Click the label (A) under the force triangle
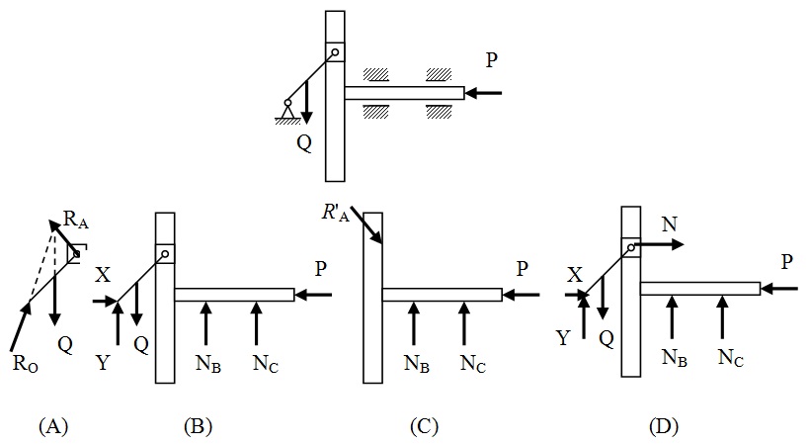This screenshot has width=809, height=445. click(52, 426)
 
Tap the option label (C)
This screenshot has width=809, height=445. click(423, 426)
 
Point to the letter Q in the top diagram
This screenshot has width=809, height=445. click(304, 142)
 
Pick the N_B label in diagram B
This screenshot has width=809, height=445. click(208, 362)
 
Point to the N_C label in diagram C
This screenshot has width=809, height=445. click(473, 362)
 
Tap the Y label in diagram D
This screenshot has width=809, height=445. click(563, 339)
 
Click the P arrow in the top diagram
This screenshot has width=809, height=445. click(484, 94)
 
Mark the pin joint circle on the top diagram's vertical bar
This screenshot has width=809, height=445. click(335, 53)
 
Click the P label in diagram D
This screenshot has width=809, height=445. click(785, 263)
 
